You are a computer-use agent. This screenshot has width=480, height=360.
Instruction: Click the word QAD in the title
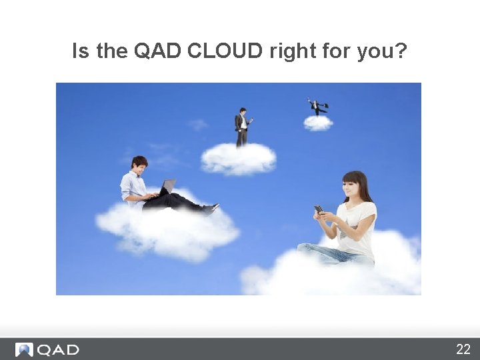157,51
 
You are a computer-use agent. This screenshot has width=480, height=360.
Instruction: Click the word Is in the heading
81,51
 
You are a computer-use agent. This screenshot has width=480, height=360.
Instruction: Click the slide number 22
463,349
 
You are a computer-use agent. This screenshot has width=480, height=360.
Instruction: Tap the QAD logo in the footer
47,349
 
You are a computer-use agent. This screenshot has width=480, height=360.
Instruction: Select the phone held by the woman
319,209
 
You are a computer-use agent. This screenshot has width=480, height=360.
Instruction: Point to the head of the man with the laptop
139,165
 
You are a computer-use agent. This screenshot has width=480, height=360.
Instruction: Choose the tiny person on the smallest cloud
317,107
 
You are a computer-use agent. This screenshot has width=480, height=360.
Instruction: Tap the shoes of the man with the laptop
211,209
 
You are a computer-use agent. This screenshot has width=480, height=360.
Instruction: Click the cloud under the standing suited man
238,159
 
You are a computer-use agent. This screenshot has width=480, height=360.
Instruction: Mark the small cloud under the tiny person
318,123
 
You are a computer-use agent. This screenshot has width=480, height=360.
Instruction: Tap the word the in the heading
112,51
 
